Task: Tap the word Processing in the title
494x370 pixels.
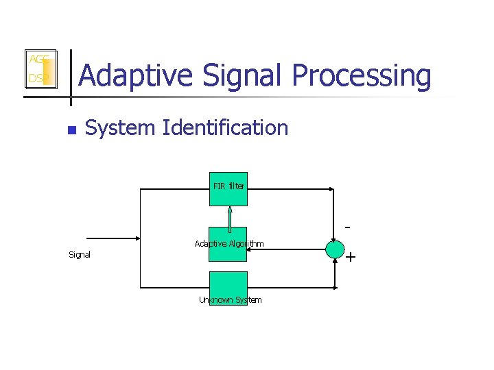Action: pos(363,77)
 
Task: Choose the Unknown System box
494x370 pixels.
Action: pos(228,288)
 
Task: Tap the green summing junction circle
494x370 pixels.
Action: pos(334,249)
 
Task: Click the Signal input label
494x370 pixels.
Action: pos(80,255)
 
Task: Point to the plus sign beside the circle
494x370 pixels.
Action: pos(351,258)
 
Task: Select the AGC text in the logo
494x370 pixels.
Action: pos(37,60)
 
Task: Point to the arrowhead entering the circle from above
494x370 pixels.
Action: pos(334,237)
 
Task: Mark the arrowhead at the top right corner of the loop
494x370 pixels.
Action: pos(332,188)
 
